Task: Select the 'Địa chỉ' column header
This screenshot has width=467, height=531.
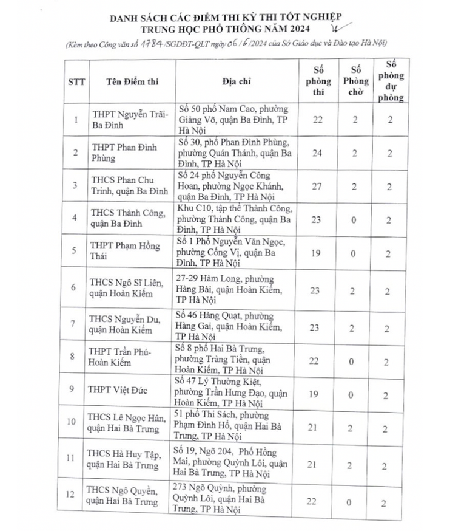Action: pos(236,81)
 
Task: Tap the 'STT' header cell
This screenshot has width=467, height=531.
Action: pos(76,81)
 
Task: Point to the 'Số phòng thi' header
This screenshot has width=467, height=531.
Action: pos(317,81)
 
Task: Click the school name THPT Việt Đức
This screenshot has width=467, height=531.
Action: pos(118,389)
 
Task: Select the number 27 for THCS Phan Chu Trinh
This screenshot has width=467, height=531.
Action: pos(317,186)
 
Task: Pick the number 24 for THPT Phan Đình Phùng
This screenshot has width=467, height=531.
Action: pos(317,152)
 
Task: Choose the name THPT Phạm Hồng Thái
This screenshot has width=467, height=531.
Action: pos(126,252)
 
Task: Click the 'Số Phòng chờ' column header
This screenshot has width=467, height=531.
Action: pos(354,81)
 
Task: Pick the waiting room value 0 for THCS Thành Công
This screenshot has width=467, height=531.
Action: pos(354,219)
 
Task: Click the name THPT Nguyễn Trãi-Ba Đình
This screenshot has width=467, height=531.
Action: pos(128,119)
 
